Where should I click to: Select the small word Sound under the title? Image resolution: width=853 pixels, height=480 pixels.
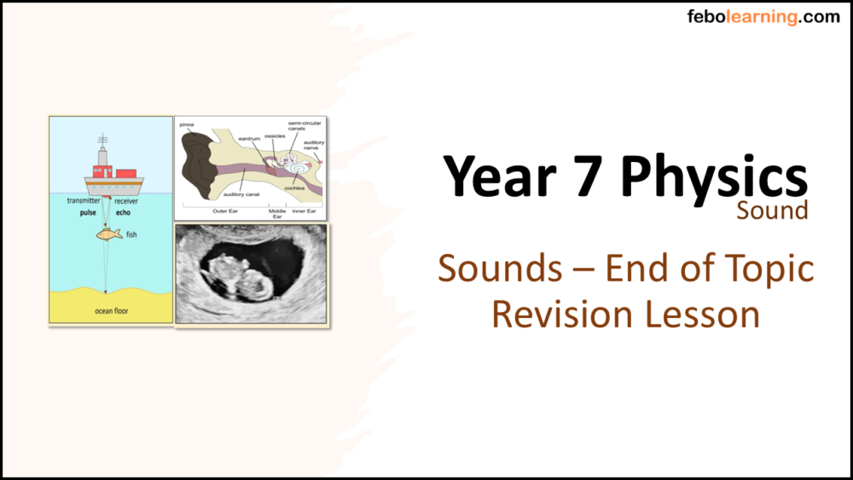tap(772, 211)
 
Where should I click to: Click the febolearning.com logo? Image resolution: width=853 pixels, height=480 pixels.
tap(763, 17)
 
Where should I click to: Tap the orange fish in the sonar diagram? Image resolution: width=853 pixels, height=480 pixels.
tap(107, 234)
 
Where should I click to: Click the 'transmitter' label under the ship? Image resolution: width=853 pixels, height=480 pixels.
tap(84, 201)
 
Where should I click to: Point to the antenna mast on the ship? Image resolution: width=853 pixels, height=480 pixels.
tap(102, 142)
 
